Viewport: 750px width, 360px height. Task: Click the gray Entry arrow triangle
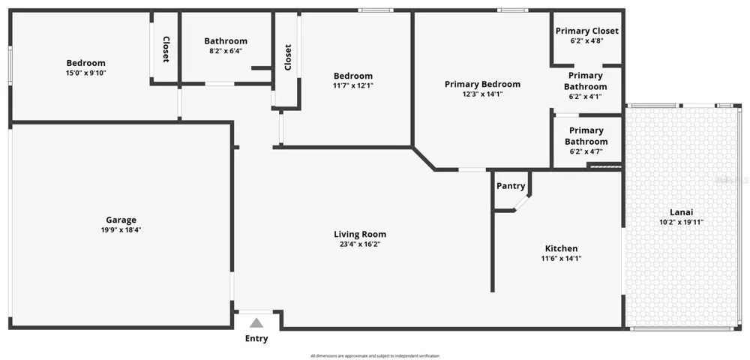(x=256, y=323)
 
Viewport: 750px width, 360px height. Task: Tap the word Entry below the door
(x=256, y=339)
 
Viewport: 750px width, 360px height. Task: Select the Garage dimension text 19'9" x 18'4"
(x=121, y=230)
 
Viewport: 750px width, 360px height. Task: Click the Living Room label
(x=360, y=234)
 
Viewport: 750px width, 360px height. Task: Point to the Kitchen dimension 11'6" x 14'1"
(x=561, y=259)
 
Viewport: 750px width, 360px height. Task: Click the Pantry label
(x=511, y=186)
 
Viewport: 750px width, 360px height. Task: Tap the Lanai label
(x=681, y=212)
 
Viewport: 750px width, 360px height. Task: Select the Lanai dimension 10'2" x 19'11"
(x=681, y=222)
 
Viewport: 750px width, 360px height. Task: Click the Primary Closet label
(x=587, y=31)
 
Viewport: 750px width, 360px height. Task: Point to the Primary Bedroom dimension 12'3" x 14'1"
(x=482, y=94)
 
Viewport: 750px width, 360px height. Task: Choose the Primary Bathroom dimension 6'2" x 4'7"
(x=586, y=151)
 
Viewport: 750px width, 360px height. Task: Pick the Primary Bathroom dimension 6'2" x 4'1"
(x=586, y=97)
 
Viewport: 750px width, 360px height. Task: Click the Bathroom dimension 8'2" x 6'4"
(x=226, y=51)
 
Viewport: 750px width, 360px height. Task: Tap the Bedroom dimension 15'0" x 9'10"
(x=86, y=73)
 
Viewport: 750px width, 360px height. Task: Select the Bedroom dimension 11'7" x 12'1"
(x=353, y=86)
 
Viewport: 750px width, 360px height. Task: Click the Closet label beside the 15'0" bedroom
(x=166, y=49)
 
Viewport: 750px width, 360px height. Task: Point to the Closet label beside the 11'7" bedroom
(x=288, y=57)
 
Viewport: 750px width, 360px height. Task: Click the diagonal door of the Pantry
(x=521, y=202)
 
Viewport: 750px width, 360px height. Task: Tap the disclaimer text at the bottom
(x=374, y=356)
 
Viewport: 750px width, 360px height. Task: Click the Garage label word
(x=121, y=220)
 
